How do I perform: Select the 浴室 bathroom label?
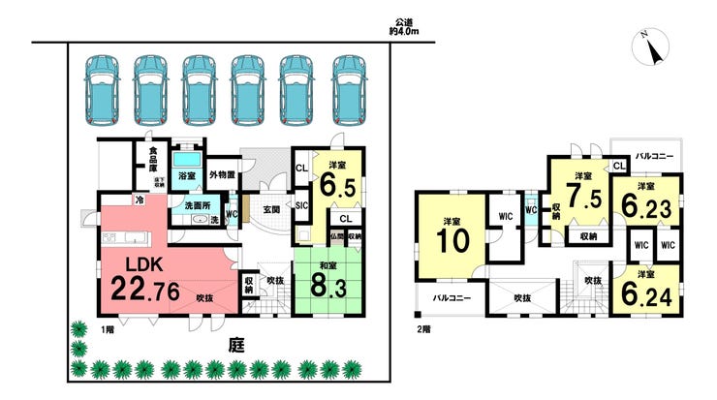187,176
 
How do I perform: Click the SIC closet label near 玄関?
300,204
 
